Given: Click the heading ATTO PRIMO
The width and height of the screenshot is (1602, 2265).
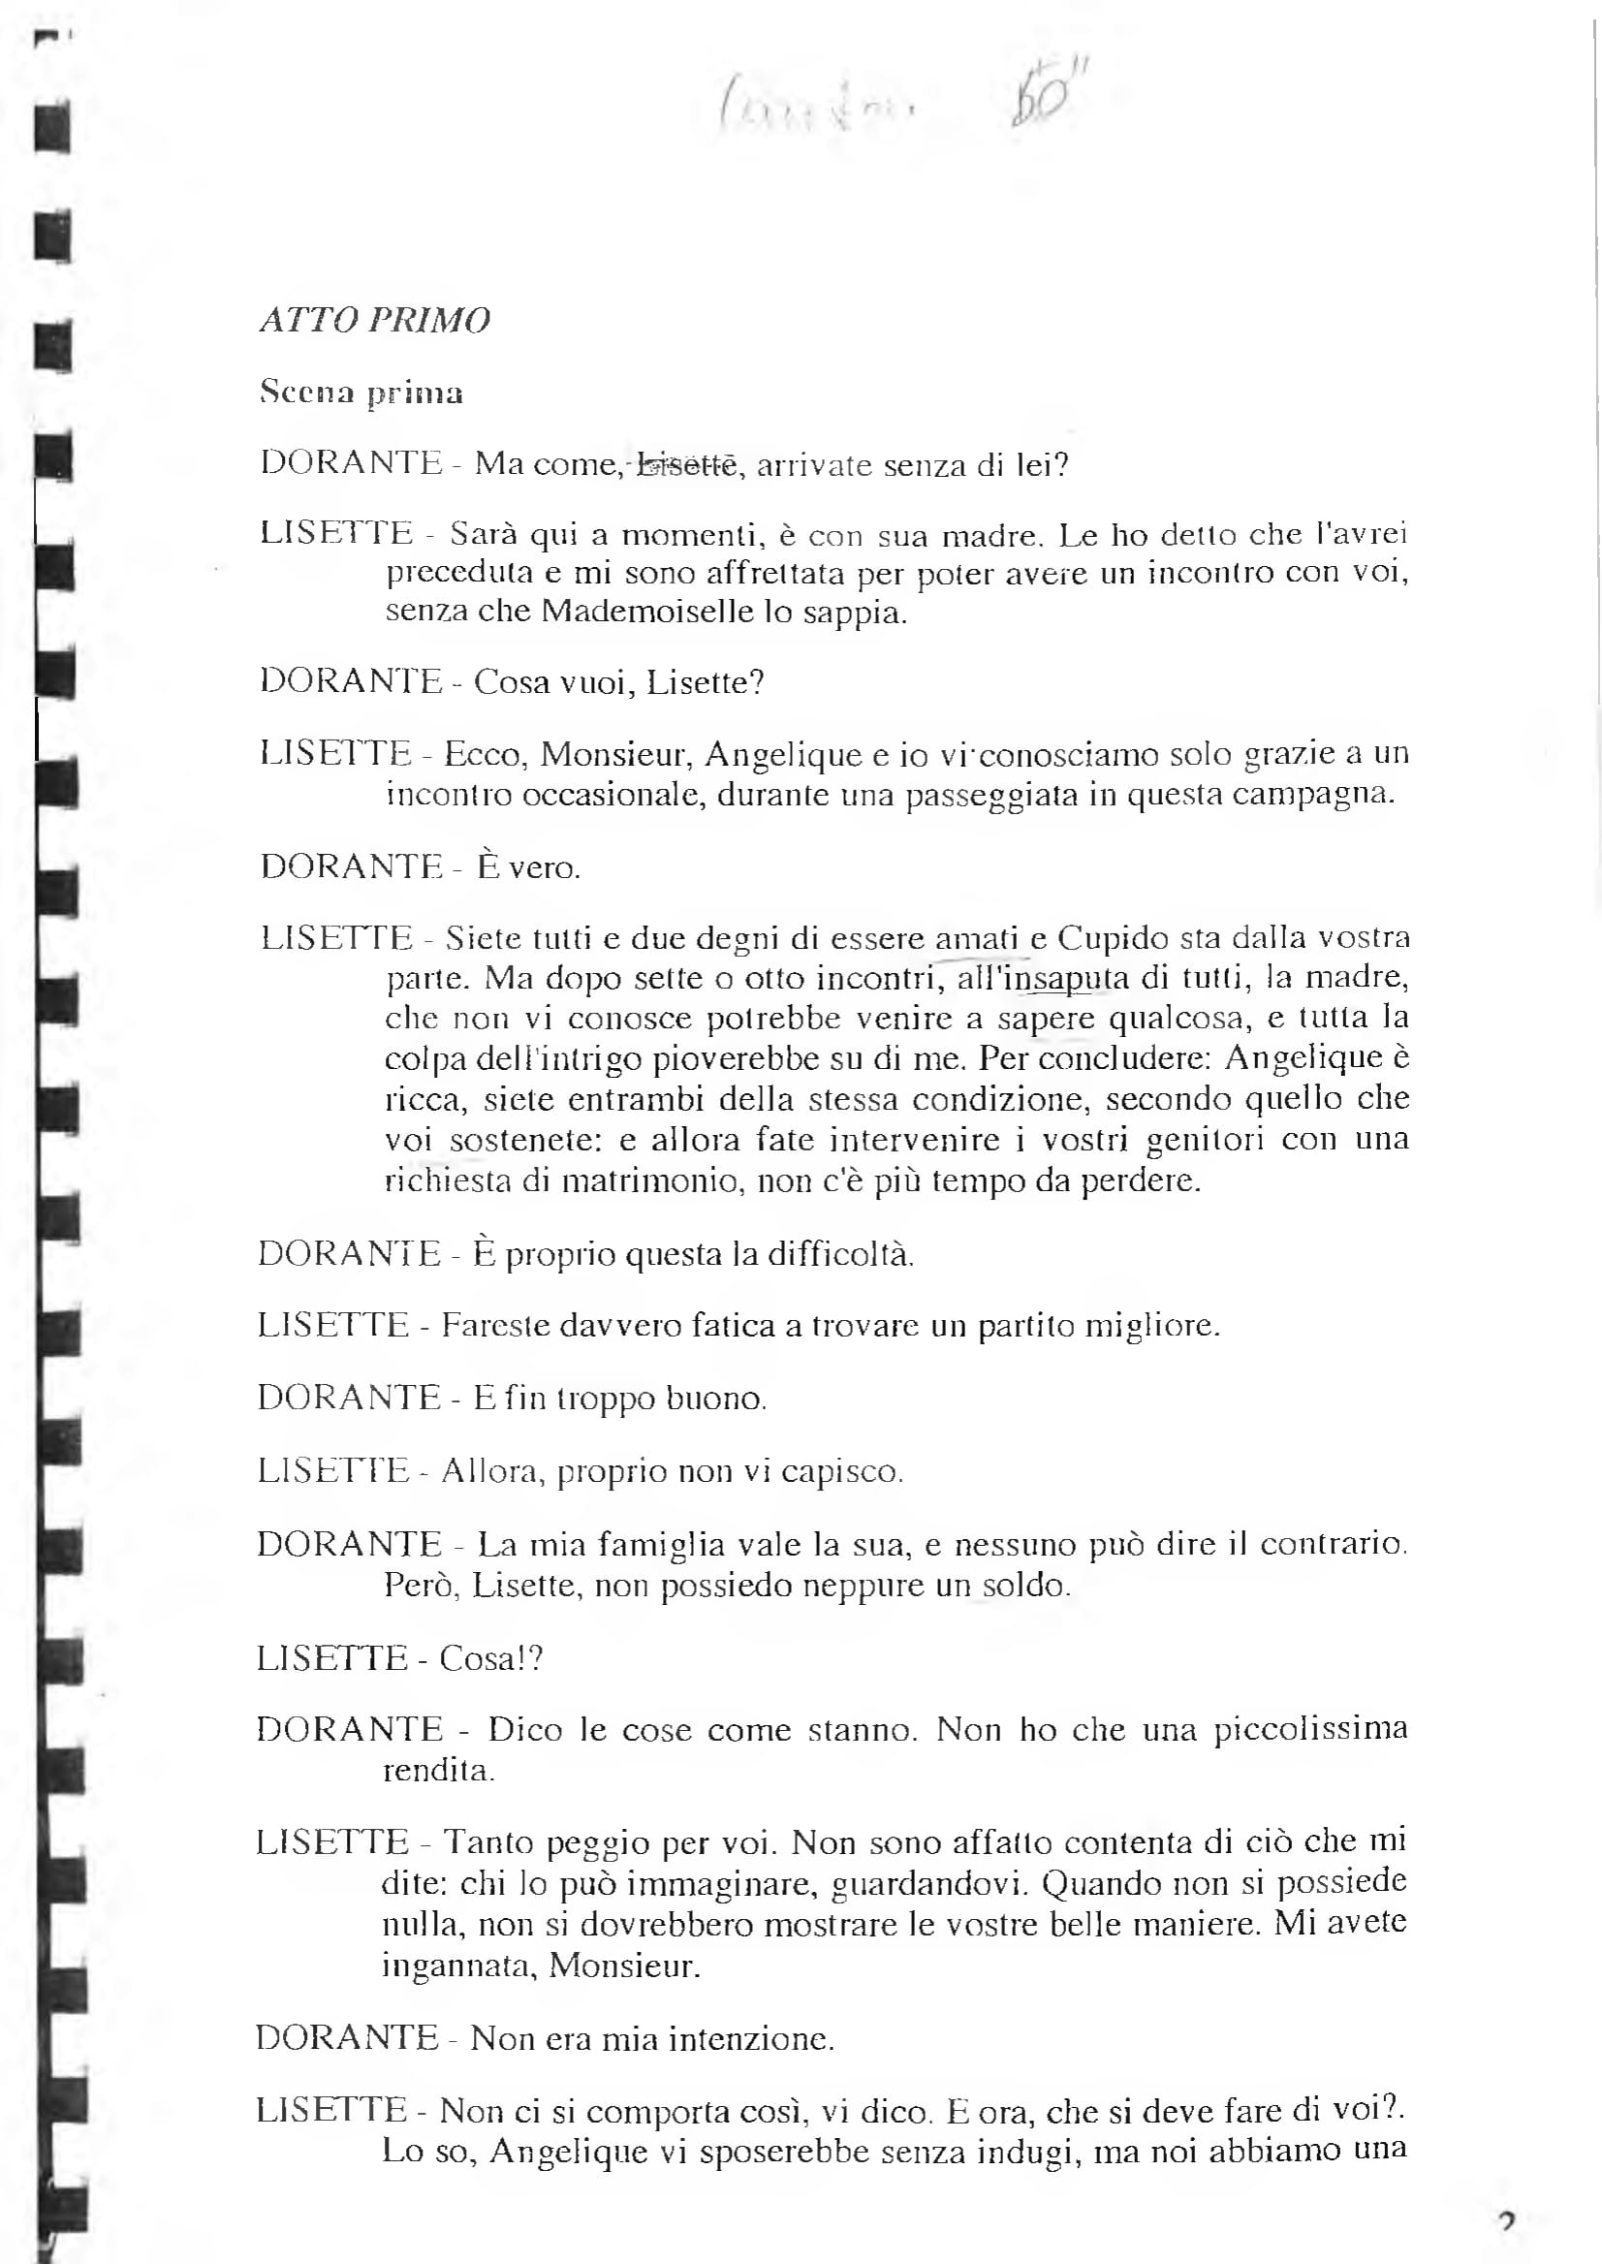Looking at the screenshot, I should pos(375,321).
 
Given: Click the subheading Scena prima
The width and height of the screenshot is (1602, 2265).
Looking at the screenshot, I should pos(361,393).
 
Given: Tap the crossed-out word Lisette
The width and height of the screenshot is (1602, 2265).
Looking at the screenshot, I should pos(686,463).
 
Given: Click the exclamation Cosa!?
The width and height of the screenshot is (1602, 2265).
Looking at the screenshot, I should pos(491,1659).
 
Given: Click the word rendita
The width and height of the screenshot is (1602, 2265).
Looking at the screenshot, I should pos(439,1771).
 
